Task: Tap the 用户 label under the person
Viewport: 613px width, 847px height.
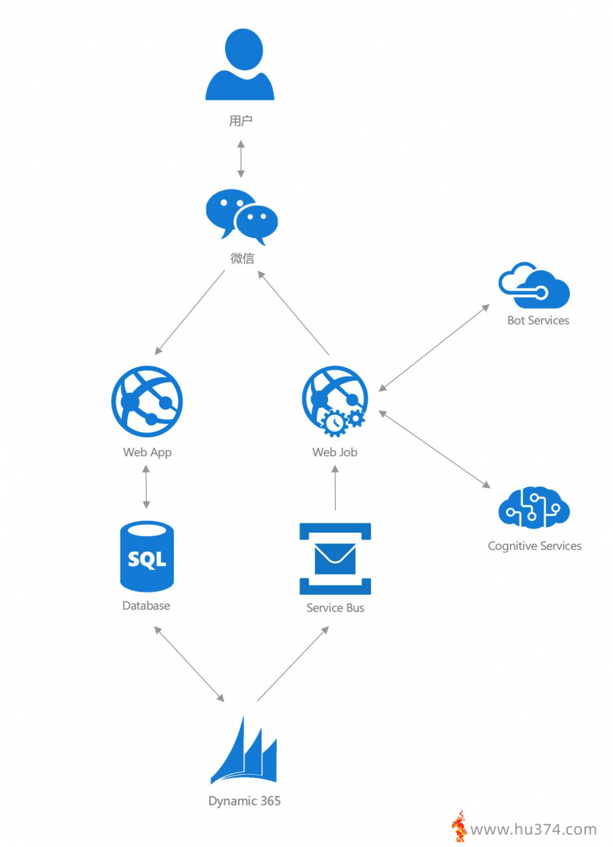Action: (241, 121)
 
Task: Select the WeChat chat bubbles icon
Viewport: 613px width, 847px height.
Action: (241, 217)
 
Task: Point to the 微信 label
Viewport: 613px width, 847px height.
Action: (242, 258)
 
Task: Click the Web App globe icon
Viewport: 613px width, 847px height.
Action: (147, 401)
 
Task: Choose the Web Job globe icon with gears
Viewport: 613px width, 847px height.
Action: (335, 401)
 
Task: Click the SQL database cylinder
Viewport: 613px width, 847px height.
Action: (147, 556)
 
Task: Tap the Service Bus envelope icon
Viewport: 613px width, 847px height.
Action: (335, 558)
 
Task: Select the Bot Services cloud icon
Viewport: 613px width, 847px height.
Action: (534, 285)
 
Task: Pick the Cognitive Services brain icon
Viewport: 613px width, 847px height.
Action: (534, 507)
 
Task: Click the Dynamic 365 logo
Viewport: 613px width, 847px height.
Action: (244, 750)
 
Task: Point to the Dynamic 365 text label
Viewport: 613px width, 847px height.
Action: (245, 801)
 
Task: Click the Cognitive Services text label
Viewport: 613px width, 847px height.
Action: (534, 546)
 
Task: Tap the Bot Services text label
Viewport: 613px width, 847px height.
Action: (538, 320)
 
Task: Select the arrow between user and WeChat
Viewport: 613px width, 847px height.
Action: (241, 159)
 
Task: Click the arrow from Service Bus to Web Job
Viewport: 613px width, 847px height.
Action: (335, 488)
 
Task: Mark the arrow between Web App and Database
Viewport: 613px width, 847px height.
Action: (146, 487)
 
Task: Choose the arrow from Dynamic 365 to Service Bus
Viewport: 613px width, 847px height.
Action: (293, 664)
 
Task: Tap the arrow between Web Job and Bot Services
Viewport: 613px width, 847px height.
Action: (434, 348)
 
